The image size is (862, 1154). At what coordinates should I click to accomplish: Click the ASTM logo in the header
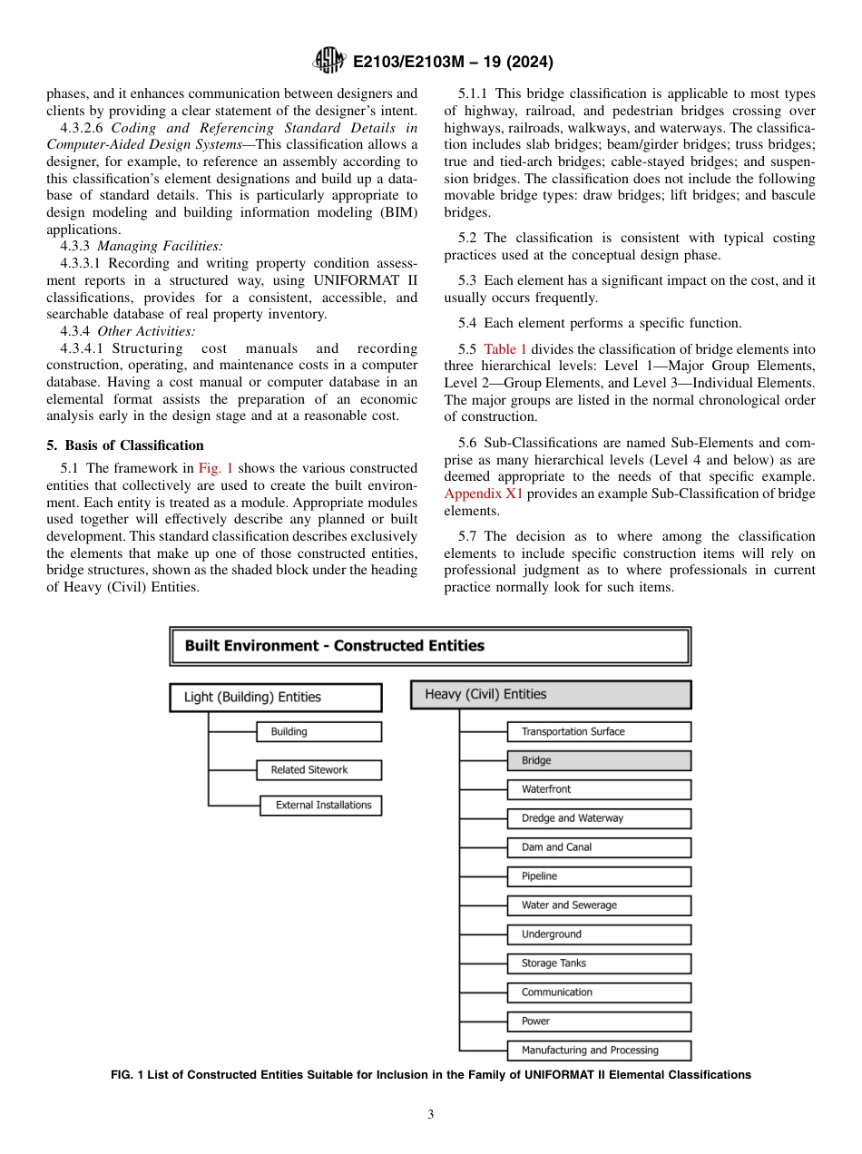(328, 62)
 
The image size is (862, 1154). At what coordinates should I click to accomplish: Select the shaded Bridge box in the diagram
(599, 760)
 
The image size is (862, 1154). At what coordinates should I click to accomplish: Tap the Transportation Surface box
(599, 731)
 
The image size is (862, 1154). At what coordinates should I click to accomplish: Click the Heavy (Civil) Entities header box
(551, 694)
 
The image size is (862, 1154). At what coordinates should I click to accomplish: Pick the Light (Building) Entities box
(276, 697)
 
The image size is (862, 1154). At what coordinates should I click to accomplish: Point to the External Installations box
(322, 805)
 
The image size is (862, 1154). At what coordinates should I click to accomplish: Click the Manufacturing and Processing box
(599, 1050)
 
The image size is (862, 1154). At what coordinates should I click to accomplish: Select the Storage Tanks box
(599, 963)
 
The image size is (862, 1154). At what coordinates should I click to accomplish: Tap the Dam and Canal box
(599, 846)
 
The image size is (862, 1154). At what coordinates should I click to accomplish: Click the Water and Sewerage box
(599, 905)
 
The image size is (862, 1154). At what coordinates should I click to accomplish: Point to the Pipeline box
(599, 876)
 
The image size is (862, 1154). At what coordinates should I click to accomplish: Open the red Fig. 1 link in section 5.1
(216, 468)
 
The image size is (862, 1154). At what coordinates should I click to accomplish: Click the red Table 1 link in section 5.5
(504, 349)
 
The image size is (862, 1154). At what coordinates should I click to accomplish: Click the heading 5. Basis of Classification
(125, 445)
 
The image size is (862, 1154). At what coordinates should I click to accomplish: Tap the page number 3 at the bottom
(431, 1115)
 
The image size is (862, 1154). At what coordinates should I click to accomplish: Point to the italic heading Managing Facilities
(160, 246)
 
